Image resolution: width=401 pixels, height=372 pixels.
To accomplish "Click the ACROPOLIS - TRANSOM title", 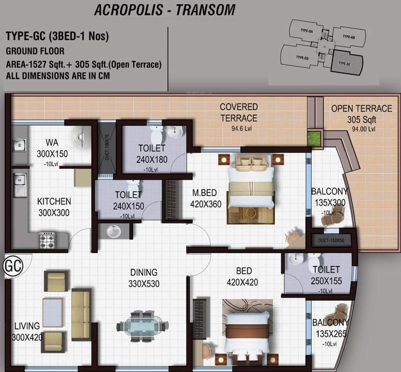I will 165,10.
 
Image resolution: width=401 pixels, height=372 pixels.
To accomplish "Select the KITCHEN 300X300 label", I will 54,207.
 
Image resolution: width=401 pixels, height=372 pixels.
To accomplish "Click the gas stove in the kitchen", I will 47,240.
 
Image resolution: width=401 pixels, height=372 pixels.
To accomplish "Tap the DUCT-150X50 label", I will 331,240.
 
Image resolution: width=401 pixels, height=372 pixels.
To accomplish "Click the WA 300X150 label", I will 53,149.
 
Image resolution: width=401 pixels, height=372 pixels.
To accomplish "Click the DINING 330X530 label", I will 143,278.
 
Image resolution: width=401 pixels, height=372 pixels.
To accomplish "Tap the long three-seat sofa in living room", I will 81,313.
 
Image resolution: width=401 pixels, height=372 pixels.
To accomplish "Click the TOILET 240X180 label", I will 152,153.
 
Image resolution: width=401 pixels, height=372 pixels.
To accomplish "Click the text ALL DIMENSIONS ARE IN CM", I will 58,76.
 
